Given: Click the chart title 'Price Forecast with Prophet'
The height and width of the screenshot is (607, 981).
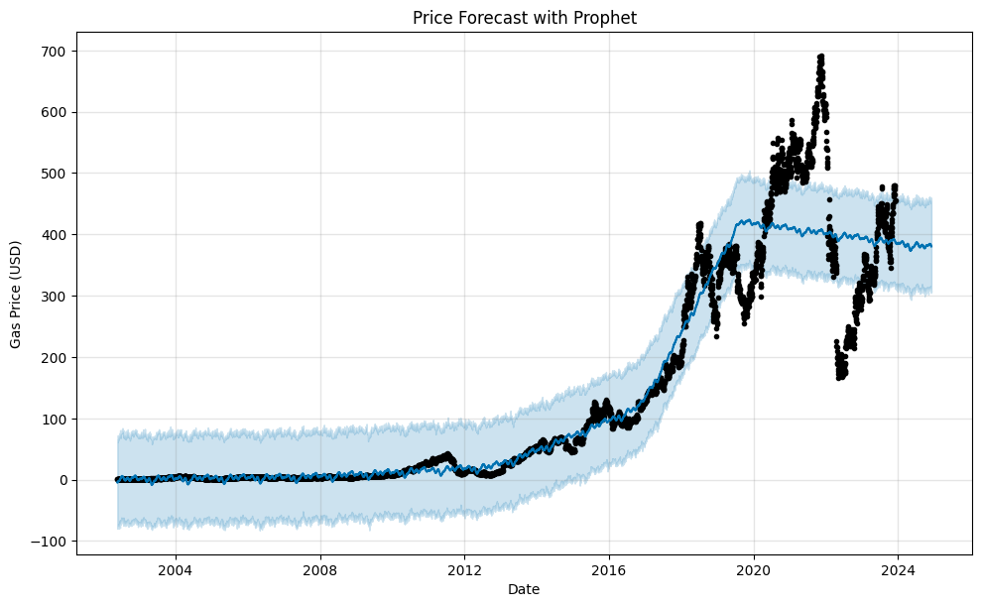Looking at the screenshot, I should (524, 17).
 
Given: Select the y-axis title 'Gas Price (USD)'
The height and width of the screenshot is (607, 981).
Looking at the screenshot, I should (16, 293).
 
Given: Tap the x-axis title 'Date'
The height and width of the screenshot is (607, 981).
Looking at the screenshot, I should (524, 589).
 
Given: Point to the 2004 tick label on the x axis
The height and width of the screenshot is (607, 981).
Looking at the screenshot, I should (176, 569).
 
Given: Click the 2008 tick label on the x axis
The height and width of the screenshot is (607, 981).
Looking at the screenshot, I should (320, 569).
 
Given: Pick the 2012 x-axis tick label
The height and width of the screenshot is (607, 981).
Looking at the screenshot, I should (464, 569).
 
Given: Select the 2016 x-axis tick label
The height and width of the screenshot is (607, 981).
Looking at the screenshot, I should (609, 569).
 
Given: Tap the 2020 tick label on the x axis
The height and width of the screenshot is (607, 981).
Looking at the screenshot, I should (754, 569).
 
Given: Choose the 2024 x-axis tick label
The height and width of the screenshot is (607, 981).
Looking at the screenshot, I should (898, 569).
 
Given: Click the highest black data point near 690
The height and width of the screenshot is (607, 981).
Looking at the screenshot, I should (821, 57).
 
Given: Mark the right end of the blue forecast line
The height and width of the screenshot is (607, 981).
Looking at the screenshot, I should (931, 246).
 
